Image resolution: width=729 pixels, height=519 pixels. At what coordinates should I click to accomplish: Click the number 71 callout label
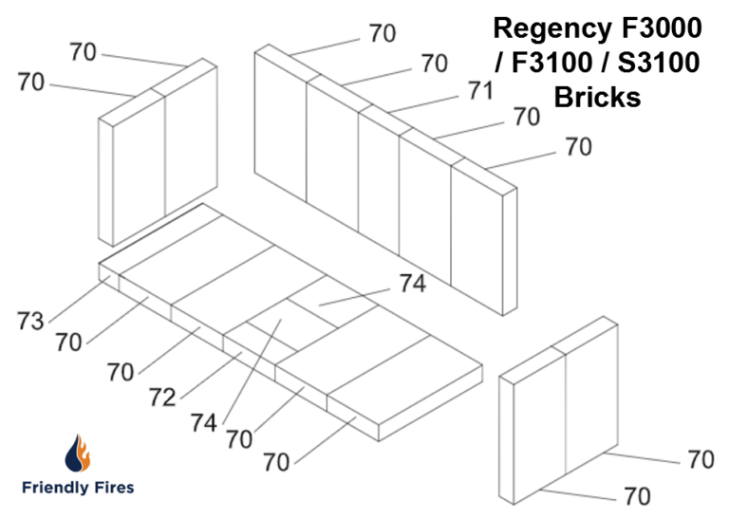point(480,91)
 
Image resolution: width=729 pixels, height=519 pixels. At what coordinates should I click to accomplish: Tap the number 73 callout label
point(30,322)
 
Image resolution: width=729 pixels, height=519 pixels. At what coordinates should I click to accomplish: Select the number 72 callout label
point(162,397)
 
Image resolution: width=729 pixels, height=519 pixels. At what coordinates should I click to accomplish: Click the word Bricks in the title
point(598,97)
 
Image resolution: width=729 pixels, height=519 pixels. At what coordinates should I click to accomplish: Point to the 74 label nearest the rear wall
point(412,283)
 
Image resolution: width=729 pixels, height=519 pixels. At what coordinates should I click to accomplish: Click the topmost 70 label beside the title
point(383,33)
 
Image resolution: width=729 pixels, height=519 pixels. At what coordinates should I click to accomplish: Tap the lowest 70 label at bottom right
point(638,496)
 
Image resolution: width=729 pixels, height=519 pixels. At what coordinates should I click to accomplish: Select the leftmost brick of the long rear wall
point(281,142)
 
